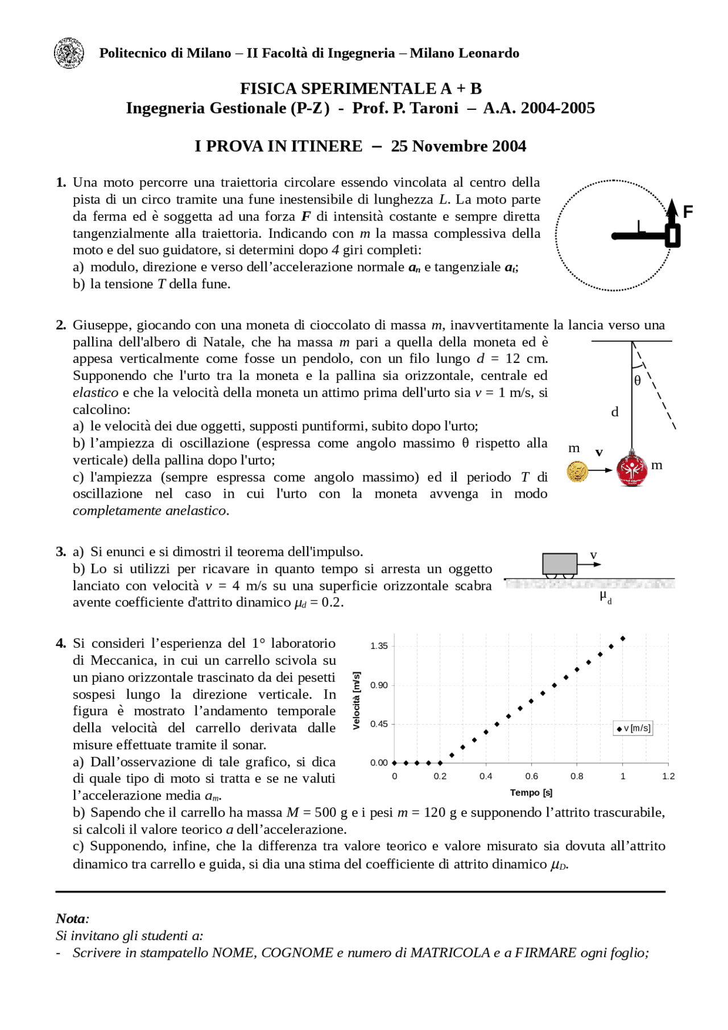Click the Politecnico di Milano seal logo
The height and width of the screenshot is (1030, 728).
click(x=69, y=53)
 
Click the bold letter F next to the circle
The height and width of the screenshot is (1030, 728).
click(x=688, y=212)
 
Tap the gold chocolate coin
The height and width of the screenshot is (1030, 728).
click(x=577, y=471)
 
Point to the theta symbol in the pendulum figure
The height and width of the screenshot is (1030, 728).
click(x=638, y=380)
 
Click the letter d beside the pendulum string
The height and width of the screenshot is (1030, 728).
click(x=615, y=412)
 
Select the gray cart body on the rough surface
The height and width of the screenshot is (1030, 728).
click(x=560, y=564)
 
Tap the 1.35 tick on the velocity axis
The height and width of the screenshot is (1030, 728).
click(x=379, y=646)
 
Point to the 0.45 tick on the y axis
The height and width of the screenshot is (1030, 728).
click(x=379, y=724)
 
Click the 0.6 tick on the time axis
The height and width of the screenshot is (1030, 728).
click(x=531, y=776)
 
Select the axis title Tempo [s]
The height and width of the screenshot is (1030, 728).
click(x=531, y=793)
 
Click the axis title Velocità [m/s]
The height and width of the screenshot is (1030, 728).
click(x=357, y=701)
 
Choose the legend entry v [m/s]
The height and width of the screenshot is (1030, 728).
click(x=634, y=728)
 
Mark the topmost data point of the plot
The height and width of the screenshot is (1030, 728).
click(x=623, y=639)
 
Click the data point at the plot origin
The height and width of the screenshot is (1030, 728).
click(x=395, y=763)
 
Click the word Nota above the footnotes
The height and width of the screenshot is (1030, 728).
click(x=72, y=919)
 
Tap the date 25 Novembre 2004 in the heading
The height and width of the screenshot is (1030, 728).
click(x=458, y=146)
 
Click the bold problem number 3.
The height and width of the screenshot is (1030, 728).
click(x=61, y=552)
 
